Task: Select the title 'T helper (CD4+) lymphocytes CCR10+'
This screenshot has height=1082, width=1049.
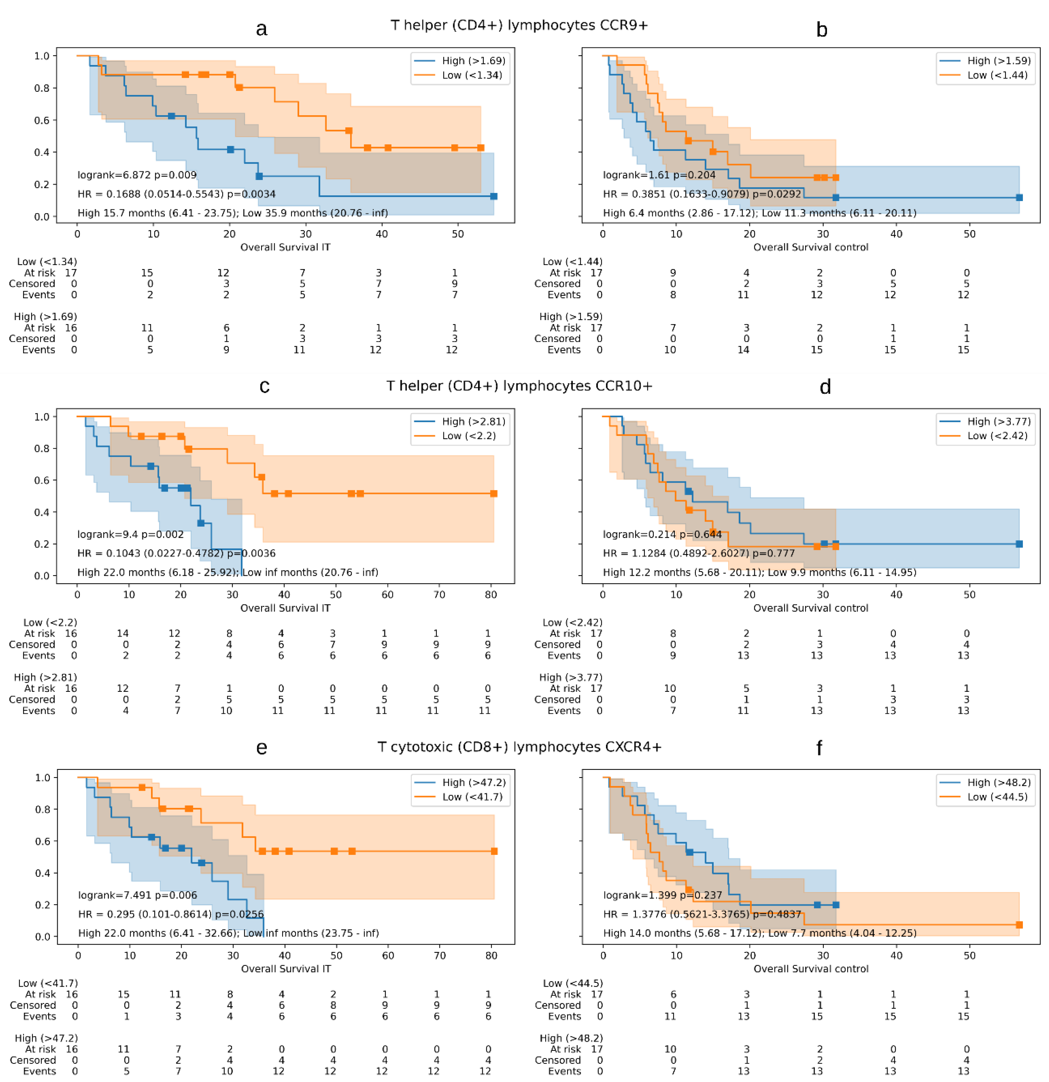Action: pyautogui.click(x=519, y=386)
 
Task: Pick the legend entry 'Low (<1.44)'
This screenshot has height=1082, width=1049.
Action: pyautogui.click(x=984, y=75)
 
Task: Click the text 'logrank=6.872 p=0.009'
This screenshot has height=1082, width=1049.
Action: pyautogui.click(x=137, y=175)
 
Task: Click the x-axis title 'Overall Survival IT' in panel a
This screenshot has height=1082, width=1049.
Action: pyautogui.click(x=285, y=247)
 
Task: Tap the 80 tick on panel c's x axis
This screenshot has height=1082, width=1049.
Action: pyautogui.click(x=491, y=594)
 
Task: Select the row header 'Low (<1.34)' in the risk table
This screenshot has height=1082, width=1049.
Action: pyautogui.click(x=47, y=262)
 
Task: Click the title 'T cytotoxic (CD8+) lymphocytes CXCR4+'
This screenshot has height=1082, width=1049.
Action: pyautogui.click(x=519, y=747)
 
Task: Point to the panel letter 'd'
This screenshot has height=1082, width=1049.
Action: pyautogui.click(x=825, y=387)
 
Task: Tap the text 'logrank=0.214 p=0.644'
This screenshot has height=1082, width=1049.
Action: pyautogui.click(x=662, y=534)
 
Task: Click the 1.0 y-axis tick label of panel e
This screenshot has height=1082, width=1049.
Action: pyautogui.click(x=42, y=778)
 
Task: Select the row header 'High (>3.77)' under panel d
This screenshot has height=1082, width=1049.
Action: pyautogui.click(x=571, y=677)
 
